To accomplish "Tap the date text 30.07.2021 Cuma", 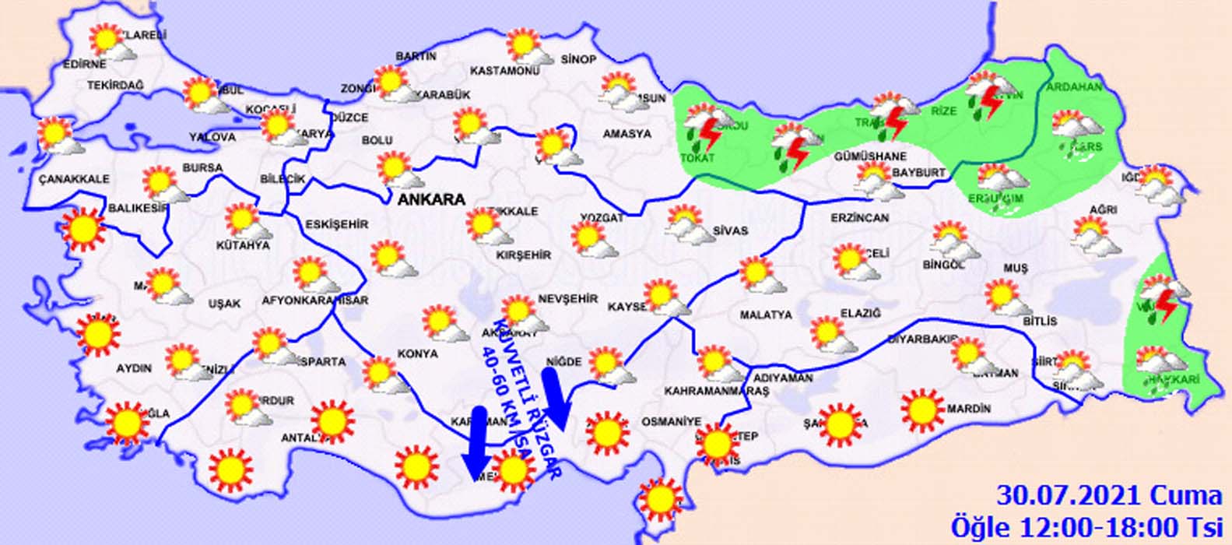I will (x=1110, y=495).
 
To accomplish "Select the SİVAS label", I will (x=730, y=231).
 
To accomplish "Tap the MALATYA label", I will (x=766, y=315).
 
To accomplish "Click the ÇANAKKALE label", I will (x=74, y=179).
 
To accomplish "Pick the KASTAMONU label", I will (x=505, y=71).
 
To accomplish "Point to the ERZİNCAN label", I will (x=859, y=218).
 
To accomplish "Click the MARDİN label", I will (x=969, y=409).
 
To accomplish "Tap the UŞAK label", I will (x=225, y=304).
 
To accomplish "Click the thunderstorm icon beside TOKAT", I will (x=704, y=131).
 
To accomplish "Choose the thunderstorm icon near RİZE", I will (x=987, y=97).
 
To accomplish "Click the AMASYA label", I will (x=627, y=134).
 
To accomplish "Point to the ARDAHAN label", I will (x=1074, y=87).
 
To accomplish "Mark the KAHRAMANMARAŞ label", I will (x=716, y=391).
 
